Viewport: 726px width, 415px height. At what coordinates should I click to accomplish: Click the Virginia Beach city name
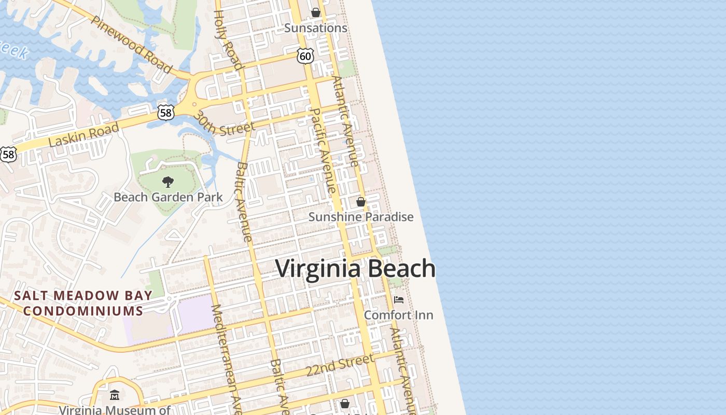(x=355, y=269)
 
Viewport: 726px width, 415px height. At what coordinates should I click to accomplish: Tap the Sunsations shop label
(x=315, y=28)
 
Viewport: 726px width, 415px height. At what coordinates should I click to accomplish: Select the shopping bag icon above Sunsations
(x=315, y=12)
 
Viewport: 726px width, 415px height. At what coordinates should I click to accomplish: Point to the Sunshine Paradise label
(x=361, y=217)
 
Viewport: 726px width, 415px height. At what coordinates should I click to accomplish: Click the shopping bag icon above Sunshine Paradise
(x=361, y=202)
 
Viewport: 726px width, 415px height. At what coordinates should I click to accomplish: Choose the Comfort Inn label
(x=398, y=315)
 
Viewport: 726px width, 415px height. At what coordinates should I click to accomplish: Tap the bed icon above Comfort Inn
(x=398, y=300)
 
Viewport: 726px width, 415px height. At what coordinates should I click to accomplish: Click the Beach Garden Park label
(x=168, y=197)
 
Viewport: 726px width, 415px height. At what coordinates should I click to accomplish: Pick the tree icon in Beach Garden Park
(x=167, y=182)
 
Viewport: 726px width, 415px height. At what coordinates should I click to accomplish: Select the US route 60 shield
(x=305, y=56)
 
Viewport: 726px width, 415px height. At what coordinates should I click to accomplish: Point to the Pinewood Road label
(x=132, y=44)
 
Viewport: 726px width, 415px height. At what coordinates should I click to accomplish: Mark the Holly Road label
(x=228, y=39)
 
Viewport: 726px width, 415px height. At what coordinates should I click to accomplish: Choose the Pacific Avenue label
(x=322, y=150)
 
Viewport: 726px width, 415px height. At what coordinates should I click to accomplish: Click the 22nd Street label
(x=340, y=365)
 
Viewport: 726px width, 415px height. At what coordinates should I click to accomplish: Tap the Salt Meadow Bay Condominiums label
(x=83, y=303)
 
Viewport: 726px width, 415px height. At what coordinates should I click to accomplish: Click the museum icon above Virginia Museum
(x=115, y=395)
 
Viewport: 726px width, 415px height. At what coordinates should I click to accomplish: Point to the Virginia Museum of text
(x=115, y=410)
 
